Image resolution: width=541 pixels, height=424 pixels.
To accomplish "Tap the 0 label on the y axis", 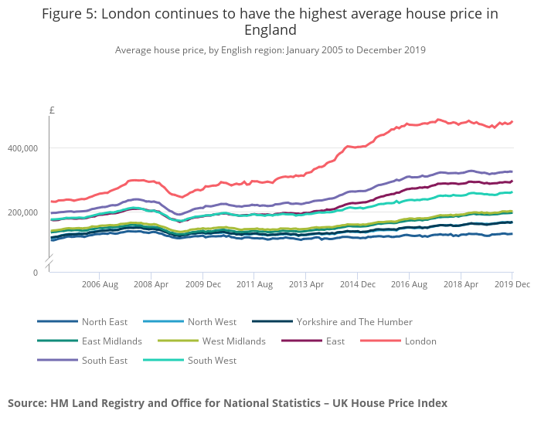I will tap(36, 273).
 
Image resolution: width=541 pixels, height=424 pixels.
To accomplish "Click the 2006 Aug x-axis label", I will tap(100, 285).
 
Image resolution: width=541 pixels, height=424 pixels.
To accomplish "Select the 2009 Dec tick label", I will tap(203, 285).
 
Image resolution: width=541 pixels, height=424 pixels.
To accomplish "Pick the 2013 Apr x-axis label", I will tap(306, 285).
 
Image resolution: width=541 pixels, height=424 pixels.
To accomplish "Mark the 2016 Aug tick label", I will tap(409, 285).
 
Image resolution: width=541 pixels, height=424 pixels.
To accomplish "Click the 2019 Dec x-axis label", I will tap(512, 285).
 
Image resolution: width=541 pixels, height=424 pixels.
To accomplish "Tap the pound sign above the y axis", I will tap(52, 110).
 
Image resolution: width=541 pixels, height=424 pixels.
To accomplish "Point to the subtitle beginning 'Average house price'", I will tap(270, 50).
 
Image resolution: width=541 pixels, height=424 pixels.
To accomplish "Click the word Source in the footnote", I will tap(26, 403).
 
